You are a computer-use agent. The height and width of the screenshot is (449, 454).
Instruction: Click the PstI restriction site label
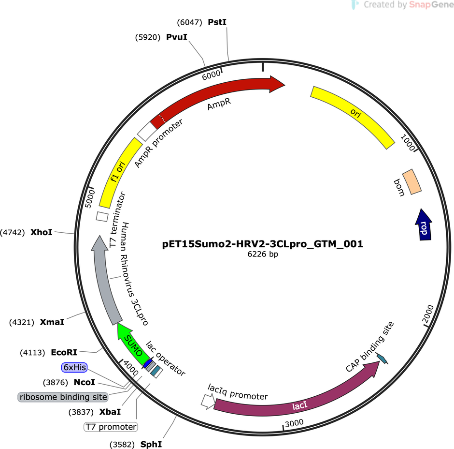point(217,22)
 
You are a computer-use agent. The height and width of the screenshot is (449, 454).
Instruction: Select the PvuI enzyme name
point(177,37)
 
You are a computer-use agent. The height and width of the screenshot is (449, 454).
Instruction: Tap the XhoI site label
point(42,232)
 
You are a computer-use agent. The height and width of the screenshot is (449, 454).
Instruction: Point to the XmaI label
point(52,322)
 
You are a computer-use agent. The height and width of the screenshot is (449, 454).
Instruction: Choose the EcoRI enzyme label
point(64,352)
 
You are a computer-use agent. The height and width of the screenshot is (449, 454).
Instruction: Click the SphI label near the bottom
point(151,444)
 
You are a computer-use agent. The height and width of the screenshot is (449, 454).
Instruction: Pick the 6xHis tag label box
point(74,368)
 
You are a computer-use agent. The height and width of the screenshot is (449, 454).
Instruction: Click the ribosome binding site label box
point(63,397)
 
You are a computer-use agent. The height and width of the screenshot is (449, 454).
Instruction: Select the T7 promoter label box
point(111,427)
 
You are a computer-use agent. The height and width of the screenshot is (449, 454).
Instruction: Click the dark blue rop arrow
point(423,225)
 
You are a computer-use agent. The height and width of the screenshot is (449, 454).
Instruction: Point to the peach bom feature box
point(411,182)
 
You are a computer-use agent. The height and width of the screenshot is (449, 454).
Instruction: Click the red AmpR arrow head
point(277,84)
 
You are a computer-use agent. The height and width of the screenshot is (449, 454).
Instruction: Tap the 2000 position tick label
point(427,314)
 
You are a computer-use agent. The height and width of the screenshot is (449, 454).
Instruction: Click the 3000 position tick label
point(294,423)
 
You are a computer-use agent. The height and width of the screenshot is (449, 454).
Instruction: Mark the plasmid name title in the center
point(262,244)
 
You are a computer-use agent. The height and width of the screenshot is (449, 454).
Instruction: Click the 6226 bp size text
point(263,254)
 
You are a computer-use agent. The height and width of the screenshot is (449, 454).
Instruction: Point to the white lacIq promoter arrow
point(208,402)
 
